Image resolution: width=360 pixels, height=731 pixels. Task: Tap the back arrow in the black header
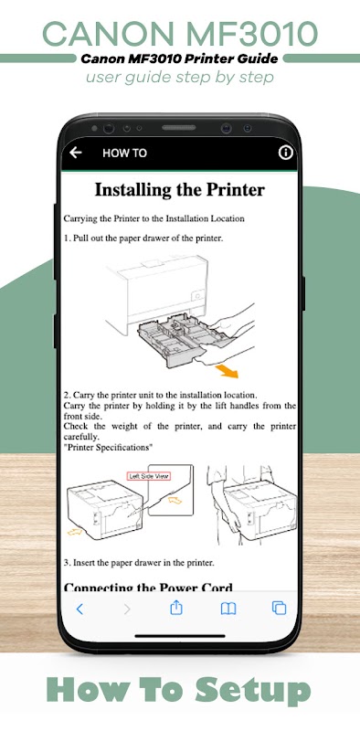tap(76, 153)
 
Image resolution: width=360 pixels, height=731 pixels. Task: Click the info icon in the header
tap(285, 153)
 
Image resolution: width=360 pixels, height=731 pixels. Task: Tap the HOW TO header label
tap(124, 153)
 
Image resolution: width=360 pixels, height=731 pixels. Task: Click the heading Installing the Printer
tap(179, 190)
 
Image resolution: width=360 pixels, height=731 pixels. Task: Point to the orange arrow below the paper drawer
tap(227, 371)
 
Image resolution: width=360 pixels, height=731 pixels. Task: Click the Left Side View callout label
tap(149, 476)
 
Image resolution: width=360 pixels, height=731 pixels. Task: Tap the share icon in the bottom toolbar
tap(175, 608)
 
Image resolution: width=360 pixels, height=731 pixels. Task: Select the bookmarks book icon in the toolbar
tap(228, 609)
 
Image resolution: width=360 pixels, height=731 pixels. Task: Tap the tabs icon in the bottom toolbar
tap(279, 608)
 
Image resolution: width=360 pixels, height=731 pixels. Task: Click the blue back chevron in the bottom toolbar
tap(79, 609)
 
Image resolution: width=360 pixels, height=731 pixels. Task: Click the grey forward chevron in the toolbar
tap(127, 609)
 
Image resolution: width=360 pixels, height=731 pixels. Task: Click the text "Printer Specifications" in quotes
tap(109, 448)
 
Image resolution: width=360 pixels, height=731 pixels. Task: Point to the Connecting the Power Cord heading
tap(148, 587)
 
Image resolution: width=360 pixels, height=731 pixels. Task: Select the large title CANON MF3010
tap(180, 34)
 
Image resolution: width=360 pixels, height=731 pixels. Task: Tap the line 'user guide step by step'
tap(179, 77)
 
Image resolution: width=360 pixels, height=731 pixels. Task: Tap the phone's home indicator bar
tap(179, 635)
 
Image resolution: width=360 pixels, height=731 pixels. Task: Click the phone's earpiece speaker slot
tap(178, 128)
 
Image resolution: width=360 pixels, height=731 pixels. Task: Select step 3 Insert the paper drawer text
tap(139, 563)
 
